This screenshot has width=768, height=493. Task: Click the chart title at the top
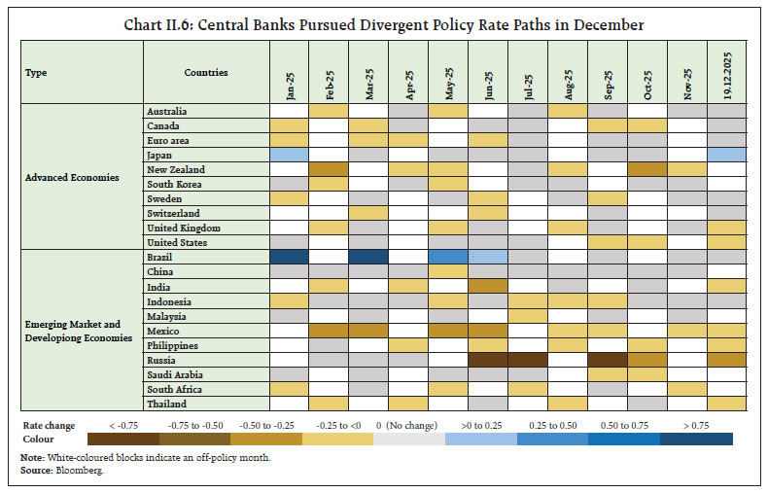[383, 23]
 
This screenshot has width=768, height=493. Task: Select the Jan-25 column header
[290, 72]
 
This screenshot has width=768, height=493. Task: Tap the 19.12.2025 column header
[725, 72]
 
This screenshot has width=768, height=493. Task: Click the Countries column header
[205, 73]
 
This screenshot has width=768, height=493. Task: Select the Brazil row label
[160, 258]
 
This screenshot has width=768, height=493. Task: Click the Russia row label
[161, 360]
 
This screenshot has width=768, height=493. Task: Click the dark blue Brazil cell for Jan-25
[290, 258]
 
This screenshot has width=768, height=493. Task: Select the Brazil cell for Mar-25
[368, 258]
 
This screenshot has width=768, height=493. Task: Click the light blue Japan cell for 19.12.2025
[725, 156]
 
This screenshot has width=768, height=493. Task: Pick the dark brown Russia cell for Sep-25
[607, 360]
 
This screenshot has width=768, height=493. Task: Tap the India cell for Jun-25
[487, 287]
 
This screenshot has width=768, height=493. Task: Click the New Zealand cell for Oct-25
[646, 170]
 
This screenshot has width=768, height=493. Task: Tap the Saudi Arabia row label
[173, 374]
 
